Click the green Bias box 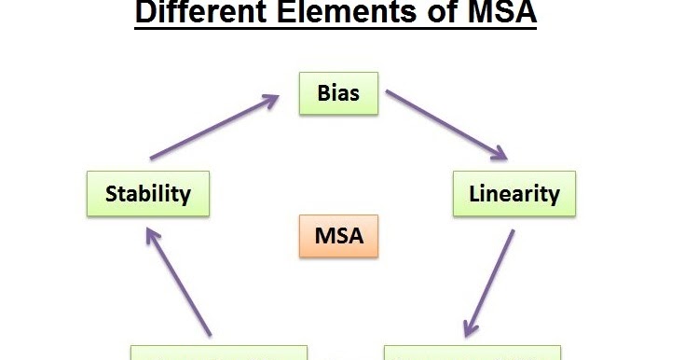(x=338, y=94)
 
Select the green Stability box (x=147, y=194)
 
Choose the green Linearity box (x=514, y=194)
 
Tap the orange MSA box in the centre (x=338, y=237)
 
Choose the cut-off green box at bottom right (x=473, y=353)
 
